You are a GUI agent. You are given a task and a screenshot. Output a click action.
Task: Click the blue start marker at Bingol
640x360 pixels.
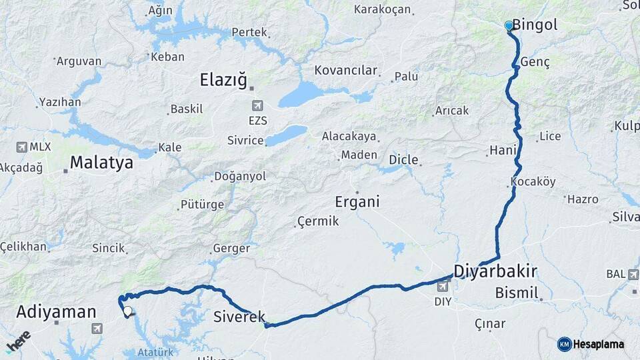(x=509, y=26)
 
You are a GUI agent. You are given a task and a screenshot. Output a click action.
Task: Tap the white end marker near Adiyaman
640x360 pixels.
(x=127, y=311)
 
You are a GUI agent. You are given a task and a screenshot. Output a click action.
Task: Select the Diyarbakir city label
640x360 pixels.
(x=495, y=271)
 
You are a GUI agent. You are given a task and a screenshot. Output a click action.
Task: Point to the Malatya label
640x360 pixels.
(x=101, y=162)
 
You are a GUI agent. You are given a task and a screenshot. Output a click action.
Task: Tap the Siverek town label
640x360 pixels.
(x=239, y=317)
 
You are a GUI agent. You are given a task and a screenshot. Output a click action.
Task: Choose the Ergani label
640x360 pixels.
(x=357, y=201)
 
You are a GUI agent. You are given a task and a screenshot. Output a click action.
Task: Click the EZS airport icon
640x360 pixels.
(x=257, y=105)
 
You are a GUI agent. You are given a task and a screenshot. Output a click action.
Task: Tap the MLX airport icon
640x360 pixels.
(x=21, y=147)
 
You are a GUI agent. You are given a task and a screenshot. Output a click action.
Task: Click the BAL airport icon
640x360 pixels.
(x=633, y=274)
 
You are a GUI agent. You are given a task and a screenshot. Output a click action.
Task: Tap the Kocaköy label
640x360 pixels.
(x=533, y=182)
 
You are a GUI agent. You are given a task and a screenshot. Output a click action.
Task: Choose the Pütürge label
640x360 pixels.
(x=202, y=204)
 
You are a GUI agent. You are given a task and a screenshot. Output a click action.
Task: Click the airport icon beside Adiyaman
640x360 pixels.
(x=97, y=328)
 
